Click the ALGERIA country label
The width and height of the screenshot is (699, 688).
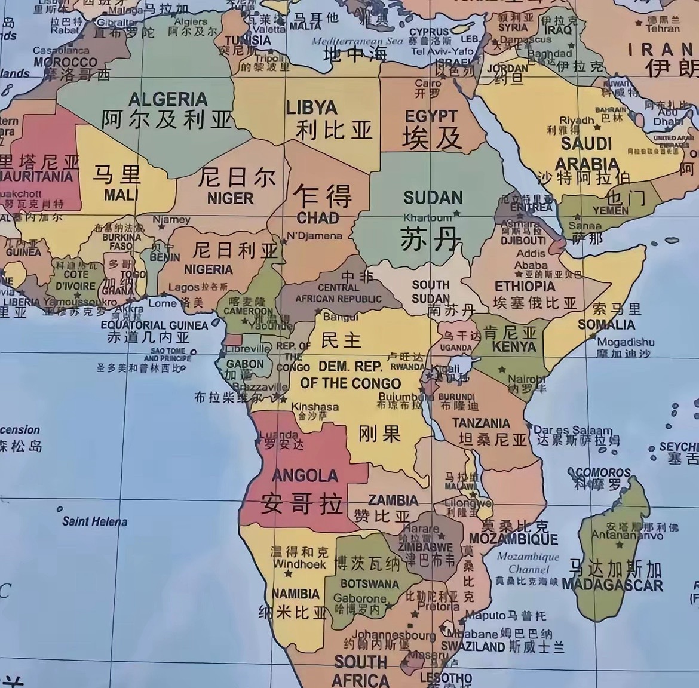pos(168,99)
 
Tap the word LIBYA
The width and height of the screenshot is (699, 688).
pos(311,107)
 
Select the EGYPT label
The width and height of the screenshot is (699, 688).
pos(431,116)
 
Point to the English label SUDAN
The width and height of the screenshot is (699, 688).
pos(433,198)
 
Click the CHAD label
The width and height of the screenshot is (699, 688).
pos(317,217)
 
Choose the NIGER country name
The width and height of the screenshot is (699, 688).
pos(230,198)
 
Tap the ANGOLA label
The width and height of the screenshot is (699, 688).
pos(305,475)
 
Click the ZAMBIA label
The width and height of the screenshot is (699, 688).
pos(393,500)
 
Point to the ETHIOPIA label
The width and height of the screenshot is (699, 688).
pos(525,286)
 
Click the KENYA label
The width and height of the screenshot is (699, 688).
pos(514,346)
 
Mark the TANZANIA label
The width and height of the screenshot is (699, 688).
pos(481,423)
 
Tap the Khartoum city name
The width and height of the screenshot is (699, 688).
pos(427,217)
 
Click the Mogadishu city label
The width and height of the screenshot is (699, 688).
pos(626,342)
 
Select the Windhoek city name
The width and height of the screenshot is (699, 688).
pos(299,563)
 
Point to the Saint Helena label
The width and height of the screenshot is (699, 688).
pos(94,521)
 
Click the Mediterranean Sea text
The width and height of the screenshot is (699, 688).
pos(357,41)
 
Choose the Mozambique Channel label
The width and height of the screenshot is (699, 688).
pos(528,563)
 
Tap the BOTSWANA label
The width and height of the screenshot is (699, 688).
pos(369,583)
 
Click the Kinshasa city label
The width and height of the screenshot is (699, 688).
pos(315,407)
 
